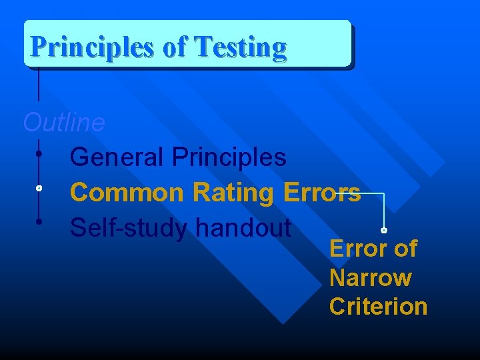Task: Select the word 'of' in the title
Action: pos(175,47)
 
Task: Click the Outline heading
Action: pos(64,123)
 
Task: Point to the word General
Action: pos(117,157)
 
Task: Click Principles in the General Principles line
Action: pos(229,157)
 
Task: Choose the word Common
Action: pos(127,193)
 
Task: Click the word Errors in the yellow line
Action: pos(322,193)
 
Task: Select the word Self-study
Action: pos(130,228)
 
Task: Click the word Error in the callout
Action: pos(359,249)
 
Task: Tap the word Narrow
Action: pos(370,277)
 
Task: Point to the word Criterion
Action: pos(378,307)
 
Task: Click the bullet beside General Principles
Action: pos(39,154)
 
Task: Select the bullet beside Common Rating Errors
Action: pos(39,189)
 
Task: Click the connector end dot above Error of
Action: pos(384,230)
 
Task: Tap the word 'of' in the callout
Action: pos(405,249)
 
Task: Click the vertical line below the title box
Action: pos(39,83)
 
